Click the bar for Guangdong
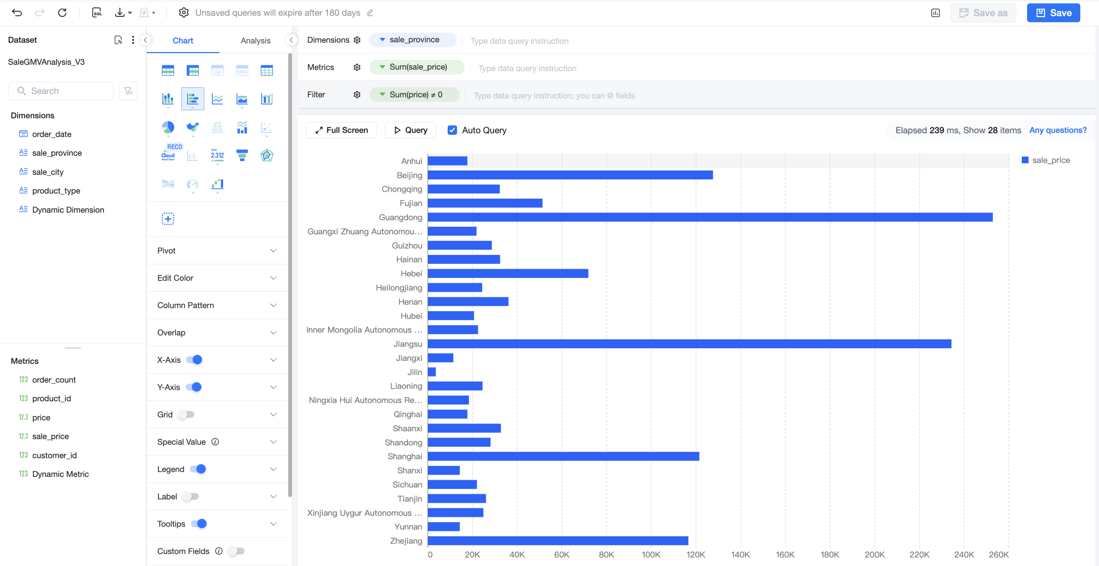(710, 217)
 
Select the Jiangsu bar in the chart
(689, 344)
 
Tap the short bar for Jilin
(432, 372)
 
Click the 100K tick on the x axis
(651, 554)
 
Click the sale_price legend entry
(1046, 160)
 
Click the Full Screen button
(341, 130)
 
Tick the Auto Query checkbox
(452, 130)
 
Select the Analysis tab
(255, 40)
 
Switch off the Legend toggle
(198, 469)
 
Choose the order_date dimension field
(52, 134)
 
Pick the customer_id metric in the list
(54, 455)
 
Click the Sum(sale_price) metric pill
(417, 67)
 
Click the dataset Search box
(61, 91)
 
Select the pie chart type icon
(168, 127)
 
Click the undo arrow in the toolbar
(17, 13)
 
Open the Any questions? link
(1057, 130)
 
